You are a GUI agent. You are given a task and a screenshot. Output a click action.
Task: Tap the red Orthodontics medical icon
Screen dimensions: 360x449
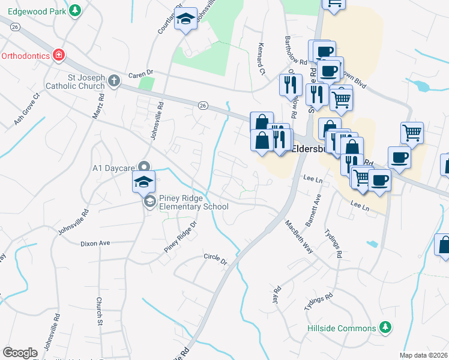pos(59,56)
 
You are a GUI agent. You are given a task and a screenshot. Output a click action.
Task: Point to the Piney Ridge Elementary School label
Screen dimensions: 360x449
pos(193,202)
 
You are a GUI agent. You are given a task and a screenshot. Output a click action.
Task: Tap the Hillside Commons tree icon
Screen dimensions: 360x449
pos(386,328)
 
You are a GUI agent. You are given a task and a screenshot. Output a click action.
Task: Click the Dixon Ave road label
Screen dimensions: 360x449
pos(96,244)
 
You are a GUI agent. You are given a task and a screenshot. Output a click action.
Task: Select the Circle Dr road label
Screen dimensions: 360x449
pos(216,262)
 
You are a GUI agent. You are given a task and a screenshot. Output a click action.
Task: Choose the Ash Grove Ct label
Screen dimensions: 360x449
pos(26,109)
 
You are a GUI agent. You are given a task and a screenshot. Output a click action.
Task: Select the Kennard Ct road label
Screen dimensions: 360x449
pos(260,61)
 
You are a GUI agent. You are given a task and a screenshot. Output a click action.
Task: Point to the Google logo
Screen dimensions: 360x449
pos(20,353)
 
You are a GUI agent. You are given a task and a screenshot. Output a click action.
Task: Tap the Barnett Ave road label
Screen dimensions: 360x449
pos(314,210)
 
